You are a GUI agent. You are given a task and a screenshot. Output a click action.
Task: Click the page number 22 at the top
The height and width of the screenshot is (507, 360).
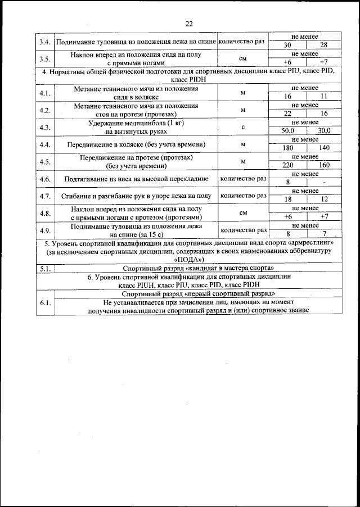click(188, 23)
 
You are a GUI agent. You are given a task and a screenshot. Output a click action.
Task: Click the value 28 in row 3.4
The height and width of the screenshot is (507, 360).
click(323, 46)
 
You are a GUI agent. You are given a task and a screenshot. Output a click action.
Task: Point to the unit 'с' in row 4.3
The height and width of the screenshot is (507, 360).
click(242, 127)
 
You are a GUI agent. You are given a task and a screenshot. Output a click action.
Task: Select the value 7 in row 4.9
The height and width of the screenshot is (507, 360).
click(323, 233)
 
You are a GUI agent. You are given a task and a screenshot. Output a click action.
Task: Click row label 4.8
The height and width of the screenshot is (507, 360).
click(45, 212)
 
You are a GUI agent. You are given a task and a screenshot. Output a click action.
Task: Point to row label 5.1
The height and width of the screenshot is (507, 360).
click(45, 269)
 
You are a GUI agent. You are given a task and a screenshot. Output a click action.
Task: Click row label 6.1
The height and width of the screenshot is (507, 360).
click(45, 304)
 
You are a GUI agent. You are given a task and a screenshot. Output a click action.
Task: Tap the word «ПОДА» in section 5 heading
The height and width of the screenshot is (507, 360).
click(188, 260)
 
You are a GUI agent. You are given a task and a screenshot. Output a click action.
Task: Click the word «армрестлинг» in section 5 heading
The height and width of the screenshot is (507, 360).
click(312, 243)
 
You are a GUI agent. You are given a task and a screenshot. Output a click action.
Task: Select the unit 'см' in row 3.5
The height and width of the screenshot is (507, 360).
click(242, 57)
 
